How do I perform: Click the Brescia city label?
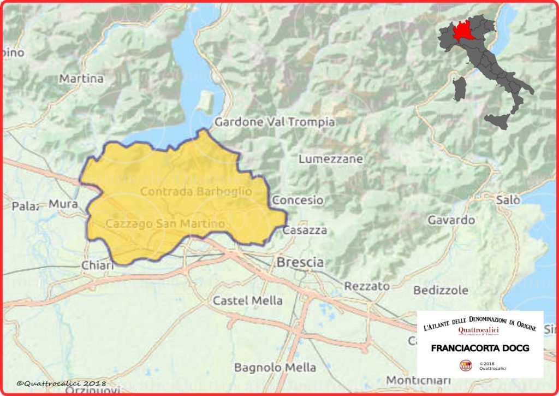pos(300,263)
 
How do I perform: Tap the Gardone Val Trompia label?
pos(275,122)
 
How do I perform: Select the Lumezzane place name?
pos(331,159)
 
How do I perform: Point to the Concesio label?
pos(298,200)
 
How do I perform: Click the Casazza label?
pos(305,230)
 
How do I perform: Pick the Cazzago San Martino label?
pos(165,224)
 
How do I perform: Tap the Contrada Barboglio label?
pos(196,191)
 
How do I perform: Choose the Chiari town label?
pos(97,265)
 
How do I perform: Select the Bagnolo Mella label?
pos(275,368)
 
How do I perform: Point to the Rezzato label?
pos(367,286)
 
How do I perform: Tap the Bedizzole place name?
pos(441,290)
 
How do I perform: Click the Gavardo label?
pos(451,220)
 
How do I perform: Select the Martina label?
pos(81,79)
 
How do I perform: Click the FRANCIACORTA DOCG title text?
pos(480,348)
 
